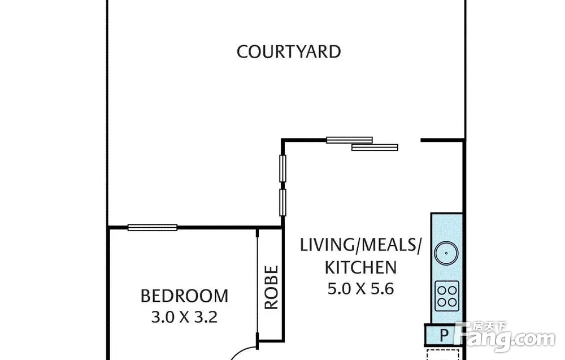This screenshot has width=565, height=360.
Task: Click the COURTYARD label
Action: [289, 52]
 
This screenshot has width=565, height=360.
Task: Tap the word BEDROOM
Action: [185, 296]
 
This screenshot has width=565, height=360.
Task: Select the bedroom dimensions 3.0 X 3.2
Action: [185, 317]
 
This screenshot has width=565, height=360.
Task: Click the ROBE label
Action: [272, 287]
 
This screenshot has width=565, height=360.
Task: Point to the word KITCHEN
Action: [360, 267]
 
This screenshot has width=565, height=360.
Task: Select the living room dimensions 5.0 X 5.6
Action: [360, 289]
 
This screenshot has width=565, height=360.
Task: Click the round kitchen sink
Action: [446, 253]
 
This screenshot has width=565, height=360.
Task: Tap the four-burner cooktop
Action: [447, 296]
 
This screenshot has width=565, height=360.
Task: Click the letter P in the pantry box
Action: [444, 336]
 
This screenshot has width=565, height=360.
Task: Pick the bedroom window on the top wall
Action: [153, 227]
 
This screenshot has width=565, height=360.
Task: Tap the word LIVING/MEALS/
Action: [360, 245]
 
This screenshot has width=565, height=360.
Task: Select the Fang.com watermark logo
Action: [505, 336]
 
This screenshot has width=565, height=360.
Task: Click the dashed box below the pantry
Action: [443, 354]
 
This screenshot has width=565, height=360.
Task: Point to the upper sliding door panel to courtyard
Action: [349, 140]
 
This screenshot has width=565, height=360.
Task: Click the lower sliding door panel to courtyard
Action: [375, 147]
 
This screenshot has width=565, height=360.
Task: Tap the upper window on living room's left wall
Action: [283, 168]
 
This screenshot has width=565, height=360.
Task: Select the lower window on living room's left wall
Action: [283, 202]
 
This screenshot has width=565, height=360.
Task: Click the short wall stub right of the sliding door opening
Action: [442, 140]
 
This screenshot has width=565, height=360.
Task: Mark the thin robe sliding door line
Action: [257, 287]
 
